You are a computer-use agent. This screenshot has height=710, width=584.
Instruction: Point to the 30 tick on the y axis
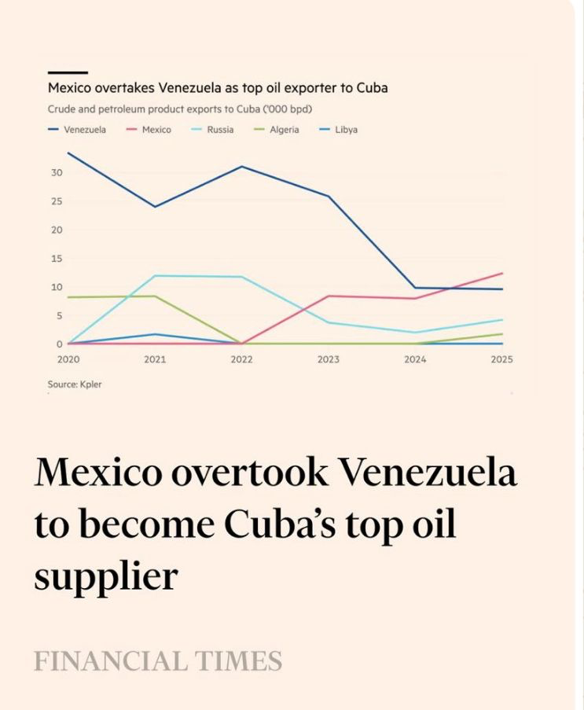point(57,173)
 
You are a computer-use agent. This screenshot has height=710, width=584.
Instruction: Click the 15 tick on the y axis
point(57,259)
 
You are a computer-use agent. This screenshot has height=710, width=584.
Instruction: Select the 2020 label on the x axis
point(68,360)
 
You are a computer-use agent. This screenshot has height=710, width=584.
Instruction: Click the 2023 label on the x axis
point(329,360)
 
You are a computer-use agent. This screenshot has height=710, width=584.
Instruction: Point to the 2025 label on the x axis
point(501,360)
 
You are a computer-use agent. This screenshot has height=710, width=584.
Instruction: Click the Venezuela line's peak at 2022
point(241,167)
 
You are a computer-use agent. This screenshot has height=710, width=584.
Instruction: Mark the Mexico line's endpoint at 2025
point(501,274)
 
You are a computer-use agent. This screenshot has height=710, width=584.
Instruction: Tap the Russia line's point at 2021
point(155,276)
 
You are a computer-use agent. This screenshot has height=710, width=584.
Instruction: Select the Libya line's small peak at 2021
point(155,334)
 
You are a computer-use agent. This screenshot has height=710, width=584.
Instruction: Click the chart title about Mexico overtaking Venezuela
point(218,88)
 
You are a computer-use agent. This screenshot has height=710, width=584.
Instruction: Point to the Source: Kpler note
point(75,384)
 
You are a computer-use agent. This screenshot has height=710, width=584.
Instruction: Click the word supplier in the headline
point(105,577)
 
